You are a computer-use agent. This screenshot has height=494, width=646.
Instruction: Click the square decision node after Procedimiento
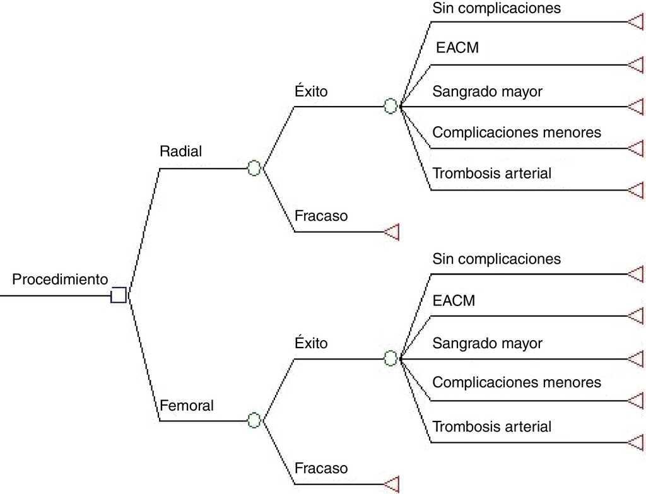(x=119, y=295)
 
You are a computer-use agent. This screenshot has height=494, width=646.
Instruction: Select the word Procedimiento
(x=61, y=279)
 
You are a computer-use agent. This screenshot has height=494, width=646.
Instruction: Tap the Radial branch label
(x=181, y=151)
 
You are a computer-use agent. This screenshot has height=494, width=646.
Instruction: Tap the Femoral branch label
(x=187, y=405)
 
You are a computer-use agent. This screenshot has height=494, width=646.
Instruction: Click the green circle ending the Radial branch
(x=254, y=168)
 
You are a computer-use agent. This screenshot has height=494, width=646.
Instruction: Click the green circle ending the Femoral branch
(x=254, y=420)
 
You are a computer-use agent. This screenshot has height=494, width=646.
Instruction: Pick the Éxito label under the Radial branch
(x=311, y=91)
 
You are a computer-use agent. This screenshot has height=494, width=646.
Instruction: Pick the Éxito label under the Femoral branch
(x=311, y=344)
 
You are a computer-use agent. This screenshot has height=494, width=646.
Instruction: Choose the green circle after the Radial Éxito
(x=391, y=106)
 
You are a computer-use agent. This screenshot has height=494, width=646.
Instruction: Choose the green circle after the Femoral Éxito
(x=391, y=358)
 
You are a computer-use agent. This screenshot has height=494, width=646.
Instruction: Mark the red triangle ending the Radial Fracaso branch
(x=392, y=232)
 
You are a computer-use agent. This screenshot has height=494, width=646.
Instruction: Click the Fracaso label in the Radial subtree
(x=321, y=216)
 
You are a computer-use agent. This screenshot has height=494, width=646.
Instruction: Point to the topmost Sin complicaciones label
(x=496, y=8)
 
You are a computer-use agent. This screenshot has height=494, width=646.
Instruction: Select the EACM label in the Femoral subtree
(x=454, y=301)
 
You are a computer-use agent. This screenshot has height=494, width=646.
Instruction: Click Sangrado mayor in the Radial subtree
(x=487, y=91)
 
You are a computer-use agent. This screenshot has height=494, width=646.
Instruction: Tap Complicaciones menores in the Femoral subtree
(x=517, y=382)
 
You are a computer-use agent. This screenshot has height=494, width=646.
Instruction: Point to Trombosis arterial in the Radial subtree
(x=492, y=173)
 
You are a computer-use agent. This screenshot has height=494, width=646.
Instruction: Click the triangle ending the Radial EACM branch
(x=635, y=64)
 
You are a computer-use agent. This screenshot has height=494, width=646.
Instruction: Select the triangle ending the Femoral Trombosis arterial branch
(x=635, y=441)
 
